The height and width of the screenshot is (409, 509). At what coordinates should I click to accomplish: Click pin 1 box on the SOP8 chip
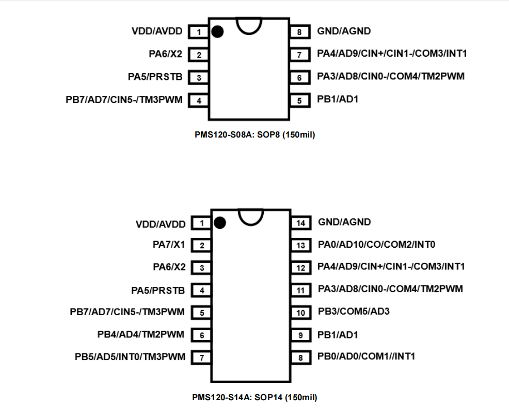199,32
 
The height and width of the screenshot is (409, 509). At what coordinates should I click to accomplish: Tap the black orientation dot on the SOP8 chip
217,32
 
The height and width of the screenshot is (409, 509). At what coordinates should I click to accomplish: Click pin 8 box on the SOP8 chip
299,32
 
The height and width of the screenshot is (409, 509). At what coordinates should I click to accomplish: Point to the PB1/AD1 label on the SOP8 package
338,99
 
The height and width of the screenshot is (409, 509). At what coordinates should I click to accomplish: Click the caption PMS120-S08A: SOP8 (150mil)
254,135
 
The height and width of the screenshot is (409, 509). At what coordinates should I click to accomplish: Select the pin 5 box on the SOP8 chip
299,100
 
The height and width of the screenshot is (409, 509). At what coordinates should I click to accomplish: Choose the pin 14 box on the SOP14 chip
301,223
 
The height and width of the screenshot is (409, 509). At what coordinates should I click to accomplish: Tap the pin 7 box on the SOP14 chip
201,357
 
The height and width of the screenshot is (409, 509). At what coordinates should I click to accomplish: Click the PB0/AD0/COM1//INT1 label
367,356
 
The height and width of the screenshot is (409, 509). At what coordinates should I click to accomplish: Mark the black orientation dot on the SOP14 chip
219,223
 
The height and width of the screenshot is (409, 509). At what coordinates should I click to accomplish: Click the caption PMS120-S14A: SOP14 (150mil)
254,398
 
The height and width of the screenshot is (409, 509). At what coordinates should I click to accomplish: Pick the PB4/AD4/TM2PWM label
141,334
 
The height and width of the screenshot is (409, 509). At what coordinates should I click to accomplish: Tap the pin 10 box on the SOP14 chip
301,313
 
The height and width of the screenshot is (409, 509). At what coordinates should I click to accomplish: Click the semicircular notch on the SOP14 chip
251,216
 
